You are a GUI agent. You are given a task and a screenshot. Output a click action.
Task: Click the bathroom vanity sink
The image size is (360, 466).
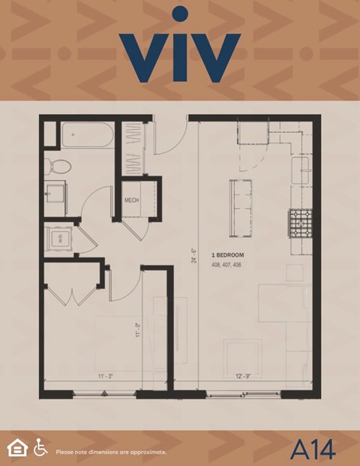click(55, 197)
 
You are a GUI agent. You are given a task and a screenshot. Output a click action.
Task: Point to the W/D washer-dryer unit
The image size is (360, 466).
click(58, 240)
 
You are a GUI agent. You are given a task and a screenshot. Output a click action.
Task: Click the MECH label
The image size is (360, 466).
click(132, 200)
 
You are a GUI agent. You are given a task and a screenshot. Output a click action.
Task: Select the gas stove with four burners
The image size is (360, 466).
click(300, 222)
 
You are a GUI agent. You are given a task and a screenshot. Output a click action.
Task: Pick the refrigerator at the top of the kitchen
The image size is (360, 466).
click(253, 133)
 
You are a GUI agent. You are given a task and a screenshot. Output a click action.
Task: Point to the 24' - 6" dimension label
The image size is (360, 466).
click(193, 256)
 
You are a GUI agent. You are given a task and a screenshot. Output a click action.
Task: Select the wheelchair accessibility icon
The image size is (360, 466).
click(40, 447)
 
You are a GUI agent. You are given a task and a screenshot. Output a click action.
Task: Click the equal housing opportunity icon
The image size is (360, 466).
click(16, 448)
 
